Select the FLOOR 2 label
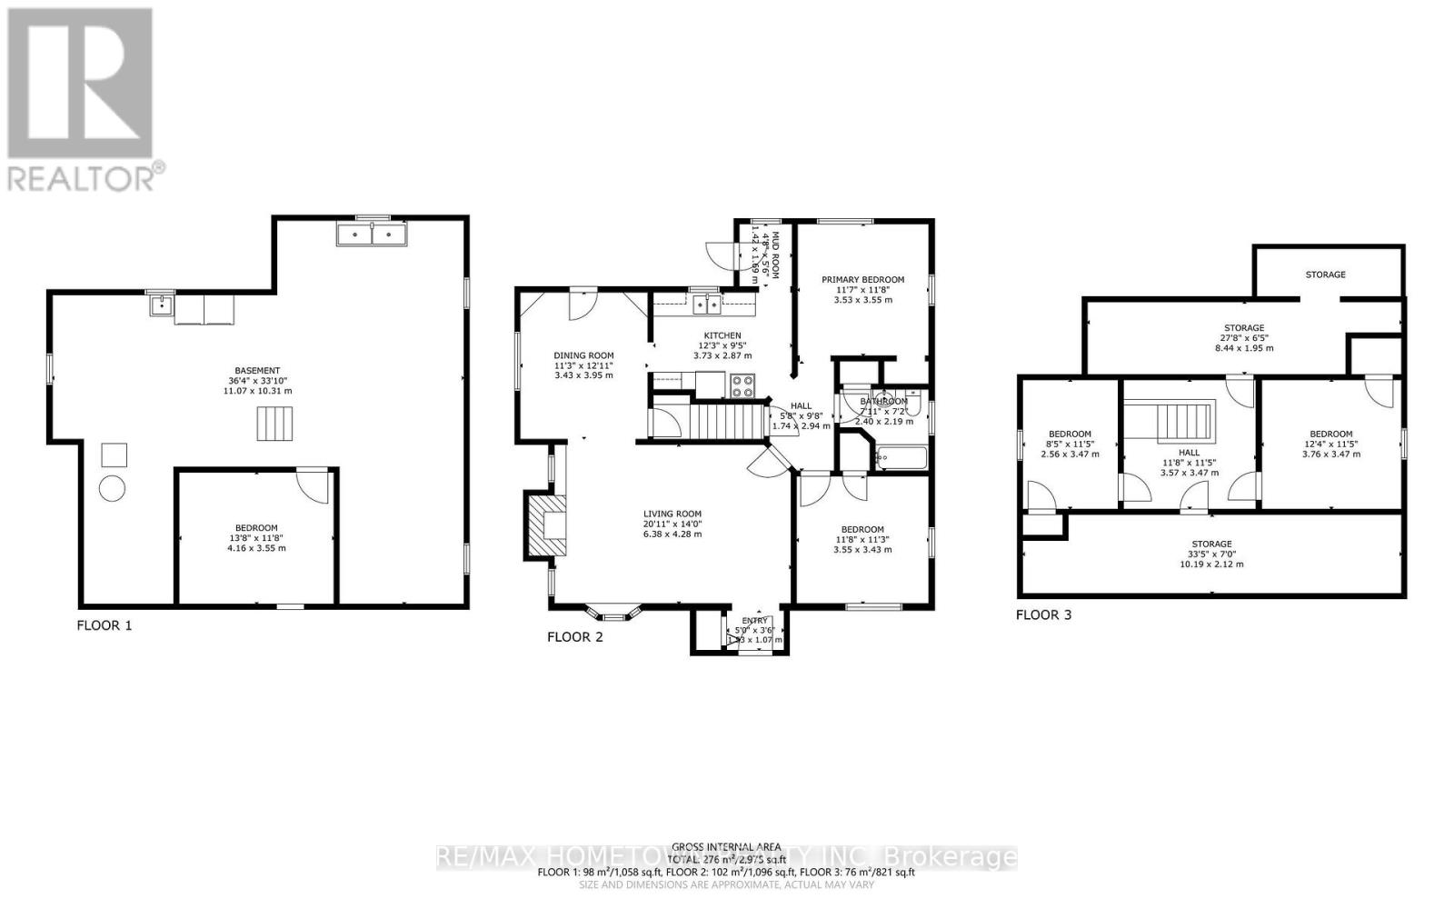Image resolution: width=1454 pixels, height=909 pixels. [x=574, y=637]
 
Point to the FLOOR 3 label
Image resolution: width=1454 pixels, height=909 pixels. [x=1043, y=615]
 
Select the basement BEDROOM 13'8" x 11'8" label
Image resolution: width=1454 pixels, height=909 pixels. [x=256, y=528]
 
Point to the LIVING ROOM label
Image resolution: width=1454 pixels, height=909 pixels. [x=672, y=514]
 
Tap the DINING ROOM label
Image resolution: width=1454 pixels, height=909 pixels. [x=584, y=356]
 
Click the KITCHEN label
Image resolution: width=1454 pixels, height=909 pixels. [x=722, y=335]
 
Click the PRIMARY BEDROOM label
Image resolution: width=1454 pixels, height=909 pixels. [x=862, y=280]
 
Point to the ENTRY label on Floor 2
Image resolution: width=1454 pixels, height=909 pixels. [x=754, y=621]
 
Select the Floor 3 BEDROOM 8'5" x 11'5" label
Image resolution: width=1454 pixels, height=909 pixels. [x=1070, y=435]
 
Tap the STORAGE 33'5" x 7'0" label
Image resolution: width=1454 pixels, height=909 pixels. [x=1211, y=544]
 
